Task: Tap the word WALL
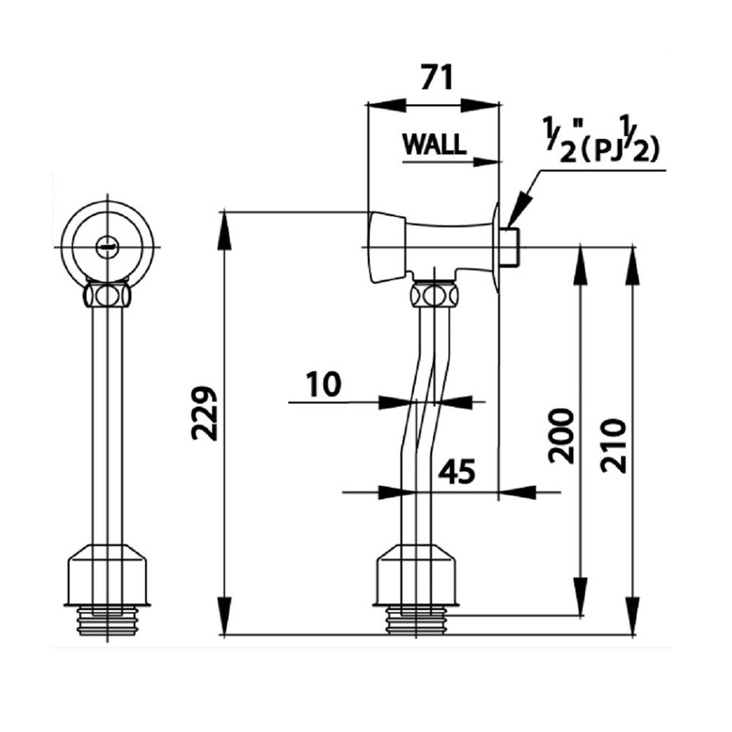pos(434,143)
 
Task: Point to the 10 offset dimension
pos(323,384)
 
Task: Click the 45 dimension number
pos(457,472)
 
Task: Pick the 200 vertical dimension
pos(562,436)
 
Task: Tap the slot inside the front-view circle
pos(108,247)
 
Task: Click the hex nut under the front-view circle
pos(108,296)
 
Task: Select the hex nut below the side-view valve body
pos(434,296)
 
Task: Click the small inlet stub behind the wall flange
pos(510,247)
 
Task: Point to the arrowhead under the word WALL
pos(488,160)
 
